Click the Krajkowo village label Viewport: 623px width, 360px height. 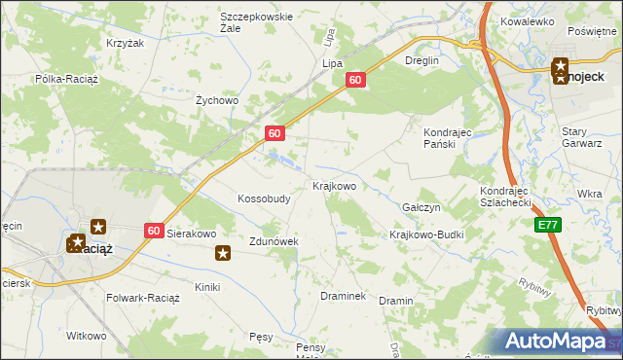click(334, 185)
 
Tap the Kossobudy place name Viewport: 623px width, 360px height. click(264, 198)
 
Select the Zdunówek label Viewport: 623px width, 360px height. click(273, 240)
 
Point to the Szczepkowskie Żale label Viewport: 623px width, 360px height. click(256, 23)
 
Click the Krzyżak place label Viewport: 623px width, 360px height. click(125, 44)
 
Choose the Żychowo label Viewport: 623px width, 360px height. click(217, 100)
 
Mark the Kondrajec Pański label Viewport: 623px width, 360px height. click(448, 137)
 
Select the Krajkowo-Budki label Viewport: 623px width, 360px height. click(426, 235)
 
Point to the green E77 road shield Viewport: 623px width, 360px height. click(548, 225)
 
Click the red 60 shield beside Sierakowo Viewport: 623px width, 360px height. click(155, 231)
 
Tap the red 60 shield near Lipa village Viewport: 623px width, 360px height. click(355, 82)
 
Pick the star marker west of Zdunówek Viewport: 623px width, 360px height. click(223, 254)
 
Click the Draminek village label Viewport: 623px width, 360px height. click(343, 295)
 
